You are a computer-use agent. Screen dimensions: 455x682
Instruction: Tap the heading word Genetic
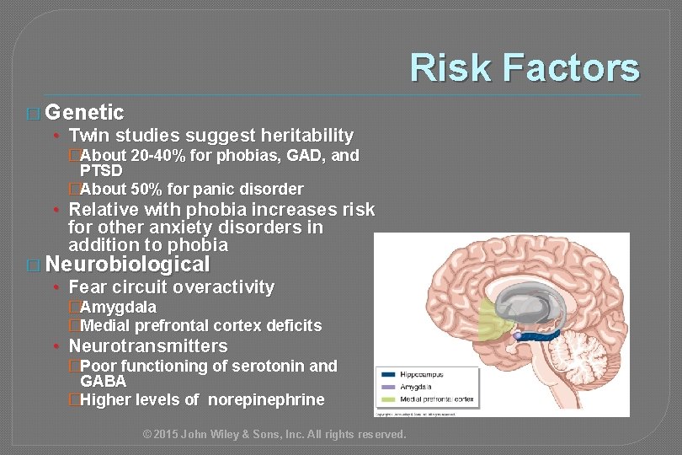pos(85,112)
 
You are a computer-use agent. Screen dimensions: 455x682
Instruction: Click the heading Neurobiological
pos(127,265)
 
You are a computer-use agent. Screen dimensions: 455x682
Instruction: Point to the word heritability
pos(306,136)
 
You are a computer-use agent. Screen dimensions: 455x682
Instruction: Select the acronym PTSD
pos(101,171)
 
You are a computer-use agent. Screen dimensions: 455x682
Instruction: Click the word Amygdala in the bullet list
pos(118,308)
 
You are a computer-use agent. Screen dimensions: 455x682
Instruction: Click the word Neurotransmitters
pos(148,346)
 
